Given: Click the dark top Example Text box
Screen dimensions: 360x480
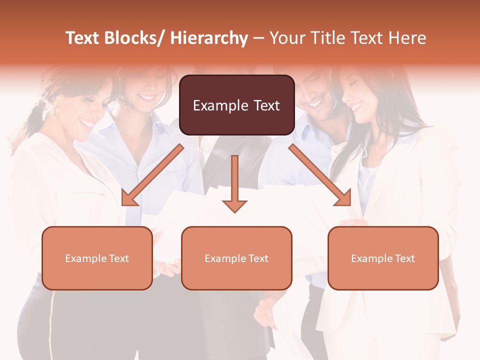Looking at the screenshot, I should [x=236, y=105].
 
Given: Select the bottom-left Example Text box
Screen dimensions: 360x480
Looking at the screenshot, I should [x=97, y=258].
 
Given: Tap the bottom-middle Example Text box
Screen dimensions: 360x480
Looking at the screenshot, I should [x=236, y=258].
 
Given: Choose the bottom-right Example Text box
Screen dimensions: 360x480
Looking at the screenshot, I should [x=383, y=258].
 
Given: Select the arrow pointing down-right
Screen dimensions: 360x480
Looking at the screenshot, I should [x=320, y=175].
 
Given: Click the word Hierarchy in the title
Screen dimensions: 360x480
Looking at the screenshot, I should [x=209, y=38].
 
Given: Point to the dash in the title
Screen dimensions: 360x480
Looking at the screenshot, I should [x=258, y=38].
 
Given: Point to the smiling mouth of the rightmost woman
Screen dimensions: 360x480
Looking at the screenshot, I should [x=357, y=106].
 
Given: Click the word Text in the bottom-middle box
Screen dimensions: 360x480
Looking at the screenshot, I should [x=257, y=258].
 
